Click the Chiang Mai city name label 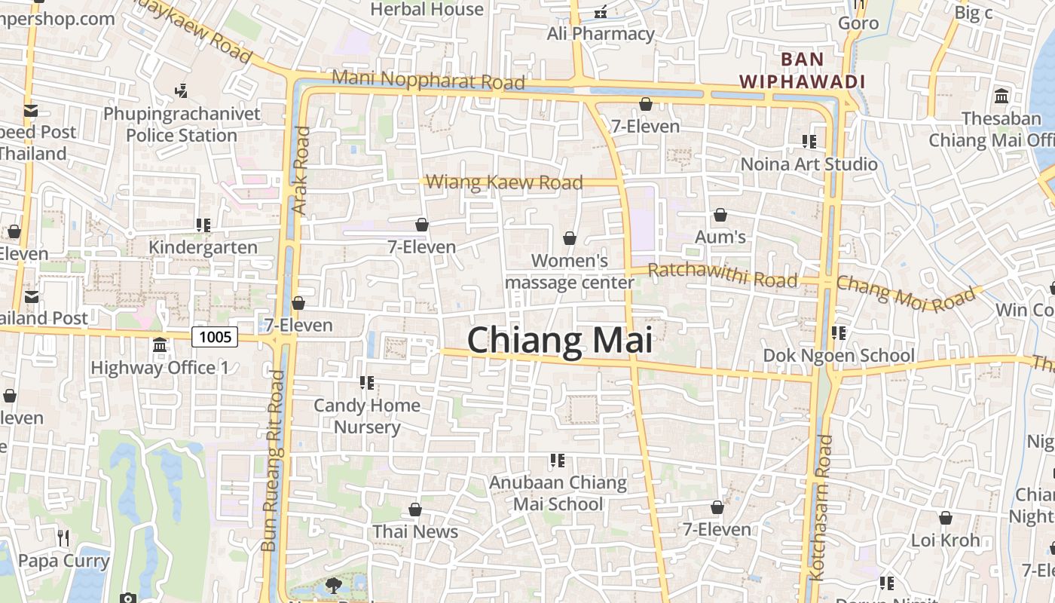559,340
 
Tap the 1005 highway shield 215,336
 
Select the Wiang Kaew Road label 504,182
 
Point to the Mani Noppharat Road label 428,79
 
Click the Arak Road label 301,170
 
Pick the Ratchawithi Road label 722,275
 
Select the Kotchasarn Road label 819,506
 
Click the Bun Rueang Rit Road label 273,460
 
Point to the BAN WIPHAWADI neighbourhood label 802,70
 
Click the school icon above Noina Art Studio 809,142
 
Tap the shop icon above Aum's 720,216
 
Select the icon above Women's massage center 570,239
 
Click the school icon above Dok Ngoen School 839,333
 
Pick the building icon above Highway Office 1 160,345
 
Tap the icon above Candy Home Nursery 367,383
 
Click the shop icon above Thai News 414,510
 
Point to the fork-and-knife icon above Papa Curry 64,537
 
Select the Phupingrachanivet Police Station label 182,124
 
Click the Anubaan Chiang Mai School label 558,493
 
